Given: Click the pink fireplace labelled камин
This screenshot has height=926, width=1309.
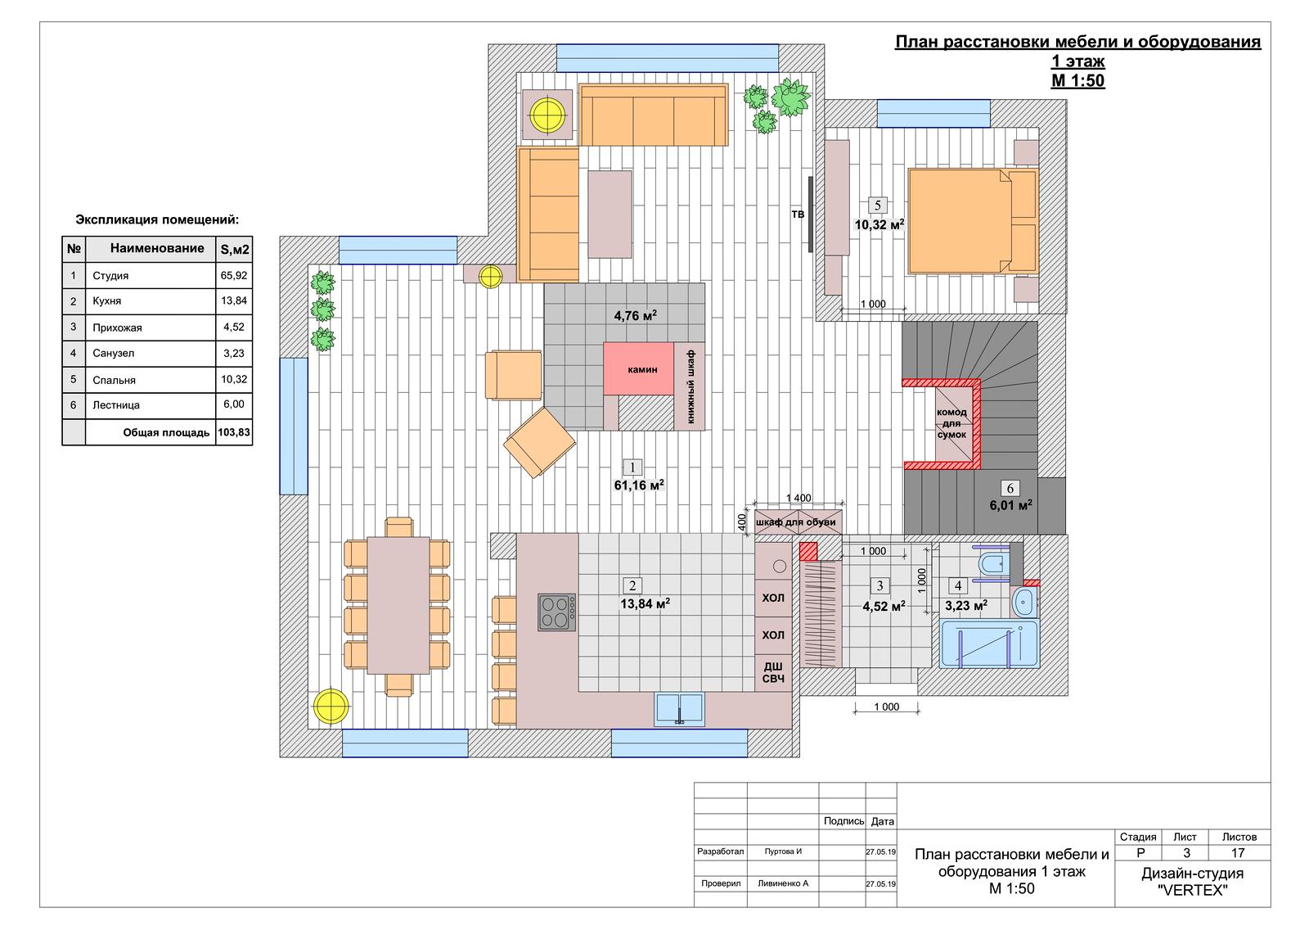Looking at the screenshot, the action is point(639,369).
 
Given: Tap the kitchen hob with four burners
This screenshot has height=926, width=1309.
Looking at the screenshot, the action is point(557,612).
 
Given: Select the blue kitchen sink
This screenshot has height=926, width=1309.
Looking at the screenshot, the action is point(679,710).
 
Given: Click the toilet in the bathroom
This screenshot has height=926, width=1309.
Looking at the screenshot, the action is point(992,564).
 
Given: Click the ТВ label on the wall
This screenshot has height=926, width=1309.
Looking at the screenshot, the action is point(798,215).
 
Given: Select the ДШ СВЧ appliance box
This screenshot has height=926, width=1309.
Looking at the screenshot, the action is point(773,673).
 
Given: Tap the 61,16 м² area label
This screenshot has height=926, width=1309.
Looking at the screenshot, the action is point(639,485).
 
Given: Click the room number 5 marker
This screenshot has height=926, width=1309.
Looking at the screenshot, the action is point(877,205).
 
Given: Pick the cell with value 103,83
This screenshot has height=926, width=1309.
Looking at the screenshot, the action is point(234,432).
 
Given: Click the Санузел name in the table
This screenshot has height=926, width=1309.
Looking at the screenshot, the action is point(114,354).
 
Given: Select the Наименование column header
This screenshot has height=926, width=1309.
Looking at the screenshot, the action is point(157,248).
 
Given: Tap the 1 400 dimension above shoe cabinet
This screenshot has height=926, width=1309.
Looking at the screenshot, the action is point(798,498).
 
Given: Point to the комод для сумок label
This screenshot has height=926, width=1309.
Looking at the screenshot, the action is point(951,423).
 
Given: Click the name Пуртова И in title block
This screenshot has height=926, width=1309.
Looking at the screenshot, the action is point(783,851).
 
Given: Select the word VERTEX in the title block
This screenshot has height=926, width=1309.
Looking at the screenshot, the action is point(1193,890).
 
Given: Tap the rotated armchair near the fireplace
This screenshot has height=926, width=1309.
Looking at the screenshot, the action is point(539,442).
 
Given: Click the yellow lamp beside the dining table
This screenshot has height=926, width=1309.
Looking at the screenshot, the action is point(331,706).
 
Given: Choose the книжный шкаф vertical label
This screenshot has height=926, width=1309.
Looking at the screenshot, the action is point(690,386).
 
